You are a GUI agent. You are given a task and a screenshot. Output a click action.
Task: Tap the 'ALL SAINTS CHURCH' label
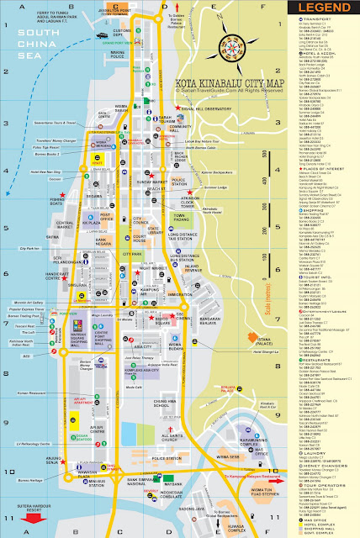(170, 437)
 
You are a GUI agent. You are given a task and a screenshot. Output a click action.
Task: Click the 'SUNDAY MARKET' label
(152, 181)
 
